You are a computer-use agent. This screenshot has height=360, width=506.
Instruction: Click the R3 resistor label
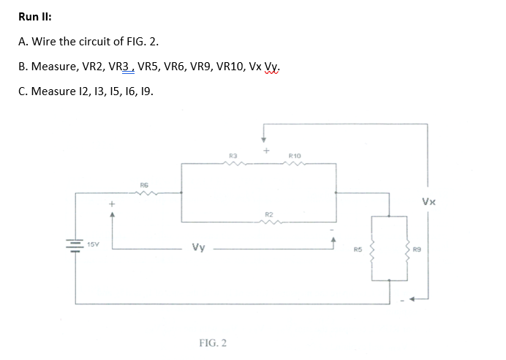(x=233, y=155)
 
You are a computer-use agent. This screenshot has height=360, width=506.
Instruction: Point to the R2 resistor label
(x=271, y=214)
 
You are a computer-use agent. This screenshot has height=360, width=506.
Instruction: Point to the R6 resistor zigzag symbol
(x=146, y=193)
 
